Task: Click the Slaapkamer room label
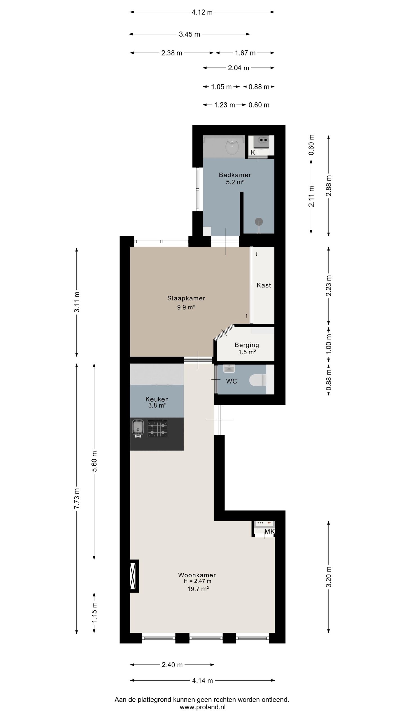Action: point(186,298)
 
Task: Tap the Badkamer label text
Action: point(235,175)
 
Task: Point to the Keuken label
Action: point(157,399)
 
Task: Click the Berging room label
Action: point(247,345)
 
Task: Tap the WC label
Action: point(231,381)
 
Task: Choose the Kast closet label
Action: point(264,285)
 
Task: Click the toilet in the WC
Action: point(258,380)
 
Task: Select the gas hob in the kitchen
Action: point(157,428)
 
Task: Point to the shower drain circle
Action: point(259,222)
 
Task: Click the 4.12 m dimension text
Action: point(202,12)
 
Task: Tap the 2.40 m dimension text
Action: point(172,665)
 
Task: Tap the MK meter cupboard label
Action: point(270,532)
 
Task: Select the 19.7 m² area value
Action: point(198,589)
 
